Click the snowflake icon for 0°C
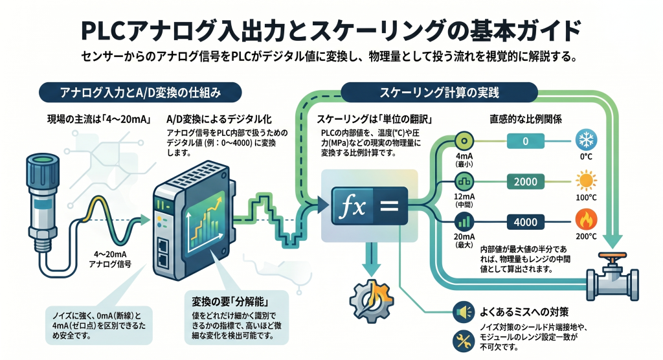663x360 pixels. [586, 140]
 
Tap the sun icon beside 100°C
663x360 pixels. [586, 181]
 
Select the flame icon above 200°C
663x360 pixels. [586, 220]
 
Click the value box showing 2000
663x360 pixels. [526, 181]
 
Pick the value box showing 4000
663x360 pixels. [526, 222]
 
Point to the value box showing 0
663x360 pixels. [526, 141]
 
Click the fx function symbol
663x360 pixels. [353, 207]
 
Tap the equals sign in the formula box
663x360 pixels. [389, 206]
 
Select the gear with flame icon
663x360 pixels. [372, 300]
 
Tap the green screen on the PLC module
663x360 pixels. [204, 222]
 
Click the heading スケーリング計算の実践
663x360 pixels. [439, 92]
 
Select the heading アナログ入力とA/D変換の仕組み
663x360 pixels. [140, 92]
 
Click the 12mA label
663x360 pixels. [464, 197]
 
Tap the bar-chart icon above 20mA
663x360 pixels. [464, 222]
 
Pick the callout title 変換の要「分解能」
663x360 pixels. [229, 302]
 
